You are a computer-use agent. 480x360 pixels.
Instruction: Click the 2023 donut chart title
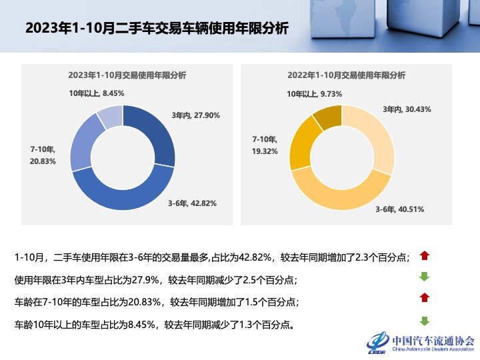coord(127,75)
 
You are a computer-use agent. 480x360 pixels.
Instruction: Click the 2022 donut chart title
coord(346,75)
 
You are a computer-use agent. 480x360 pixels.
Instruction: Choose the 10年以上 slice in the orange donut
coord(326,117)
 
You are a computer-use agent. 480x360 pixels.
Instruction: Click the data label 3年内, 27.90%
coord(196,115)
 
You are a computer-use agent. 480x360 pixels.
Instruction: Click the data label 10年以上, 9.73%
coord(315,94)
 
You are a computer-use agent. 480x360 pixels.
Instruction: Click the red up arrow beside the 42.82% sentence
coord(425,255)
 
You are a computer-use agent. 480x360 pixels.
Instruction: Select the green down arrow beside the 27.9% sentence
coord(425,277)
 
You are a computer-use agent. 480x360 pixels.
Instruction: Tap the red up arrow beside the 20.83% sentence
coord(425,298)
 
